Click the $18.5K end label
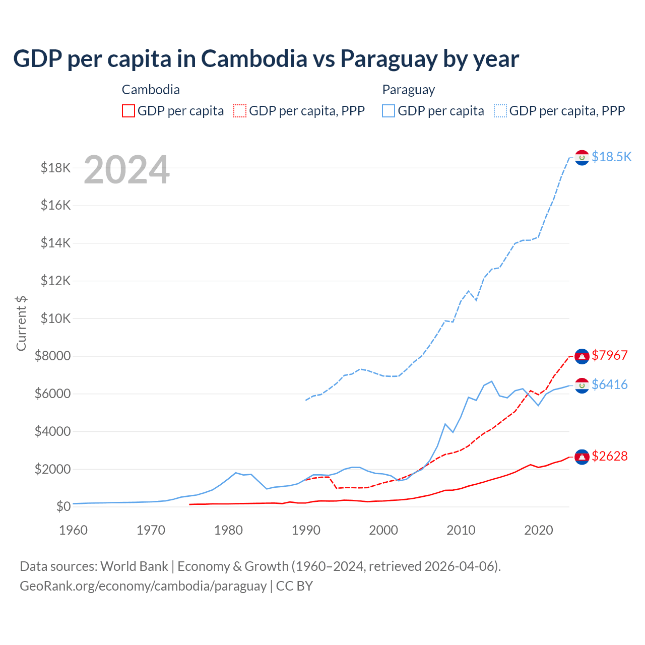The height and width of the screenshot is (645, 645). click(x=611, y=157)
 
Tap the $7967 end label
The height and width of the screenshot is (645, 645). click(x=610, y=355)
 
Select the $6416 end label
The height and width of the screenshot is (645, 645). click(x=610, y=384)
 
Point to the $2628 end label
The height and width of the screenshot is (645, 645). click(x=610, y=456)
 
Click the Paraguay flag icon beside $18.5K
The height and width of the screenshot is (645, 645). click(x=582, y=158)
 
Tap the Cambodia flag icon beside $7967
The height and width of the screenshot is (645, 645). click(x=582, y=356)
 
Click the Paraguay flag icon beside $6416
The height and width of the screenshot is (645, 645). click(x=582, y=385)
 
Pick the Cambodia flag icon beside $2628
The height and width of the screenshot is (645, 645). click(x=582, y=457)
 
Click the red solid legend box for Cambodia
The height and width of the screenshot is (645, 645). click(x=128, y=111)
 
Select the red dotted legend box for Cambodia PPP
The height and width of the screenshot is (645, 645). click(x=240, y=111)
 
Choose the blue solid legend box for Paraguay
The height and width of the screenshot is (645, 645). click(x=389, y=111)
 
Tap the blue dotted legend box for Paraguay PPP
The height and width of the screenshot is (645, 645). click(x=500, y=111)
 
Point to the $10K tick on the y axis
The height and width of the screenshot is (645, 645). click(x=56, y=318)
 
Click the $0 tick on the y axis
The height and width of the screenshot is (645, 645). click(x=63, y=506)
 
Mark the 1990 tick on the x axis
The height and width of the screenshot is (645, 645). click(x=306, y=530)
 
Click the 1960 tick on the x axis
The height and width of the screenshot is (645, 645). click(x=74, y=530)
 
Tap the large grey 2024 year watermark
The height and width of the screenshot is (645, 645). click(x=126, y=170)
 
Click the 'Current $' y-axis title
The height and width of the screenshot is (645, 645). click(x=21, y=324)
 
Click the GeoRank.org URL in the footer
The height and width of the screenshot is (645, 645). click(x=143, y=586)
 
